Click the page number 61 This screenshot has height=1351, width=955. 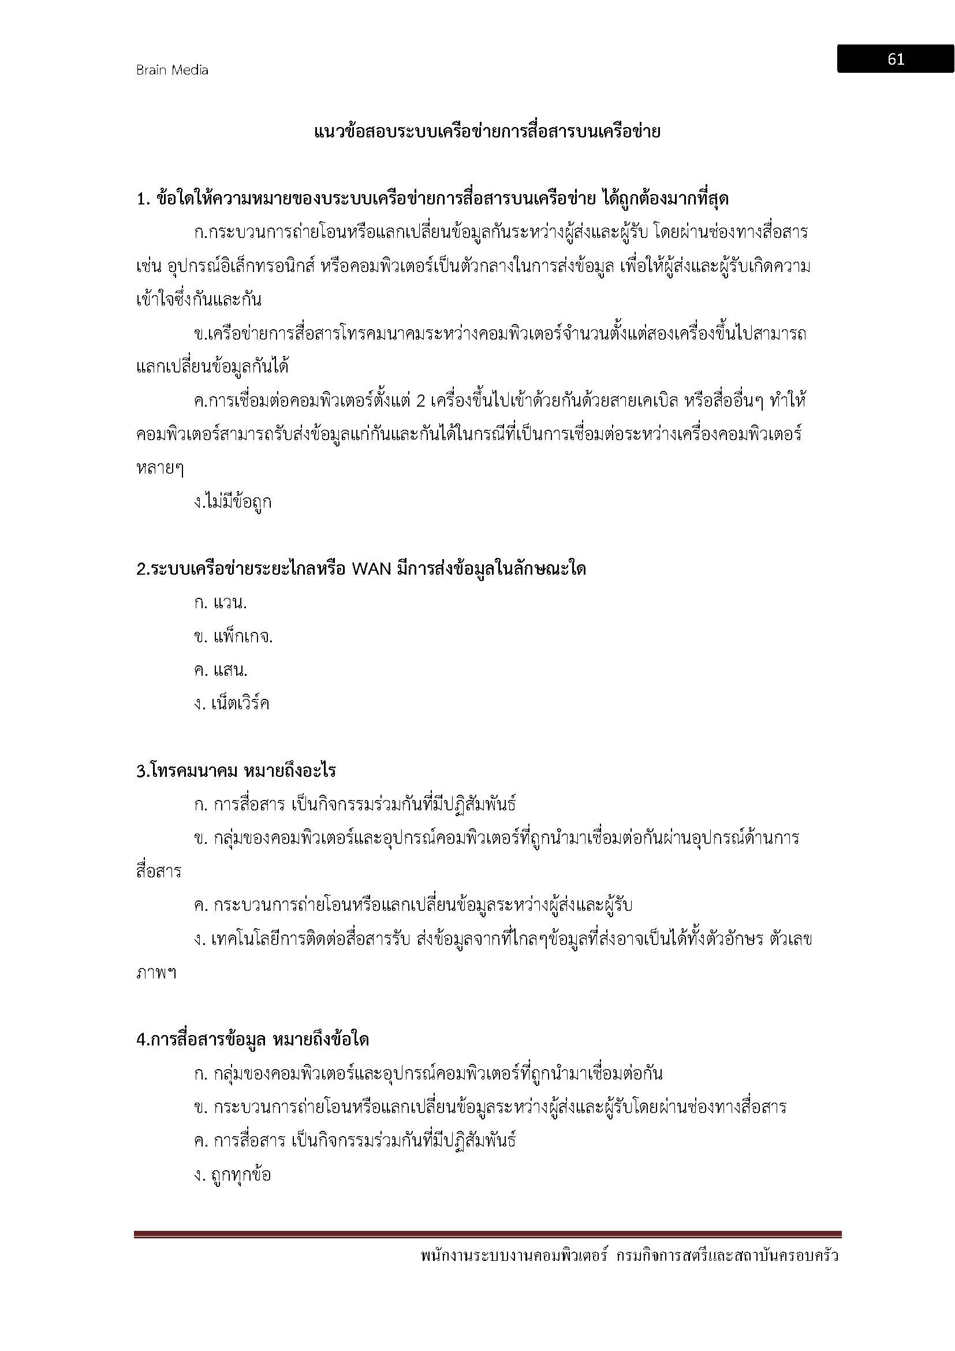896,59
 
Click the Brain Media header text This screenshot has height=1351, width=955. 172,70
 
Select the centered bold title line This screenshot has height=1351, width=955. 487,132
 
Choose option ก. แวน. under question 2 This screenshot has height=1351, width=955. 221,603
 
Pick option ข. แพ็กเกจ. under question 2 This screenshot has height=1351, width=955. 233,637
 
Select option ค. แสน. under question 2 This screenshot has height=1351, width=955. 221,670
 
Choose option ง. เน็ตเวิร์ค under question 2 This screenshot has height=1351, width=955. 232,704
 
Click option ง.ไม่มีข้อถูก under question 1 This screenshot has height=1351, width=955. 233,502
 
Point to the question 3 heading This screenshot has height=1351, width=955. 236,771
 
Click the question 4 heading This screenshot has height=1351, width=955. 253,1040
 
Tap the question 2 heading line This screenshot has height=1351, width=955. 361,570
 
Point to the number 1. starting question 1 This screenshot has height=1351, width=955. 144,199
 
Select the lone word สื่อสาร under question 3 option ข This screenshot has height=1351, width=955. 159,872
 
